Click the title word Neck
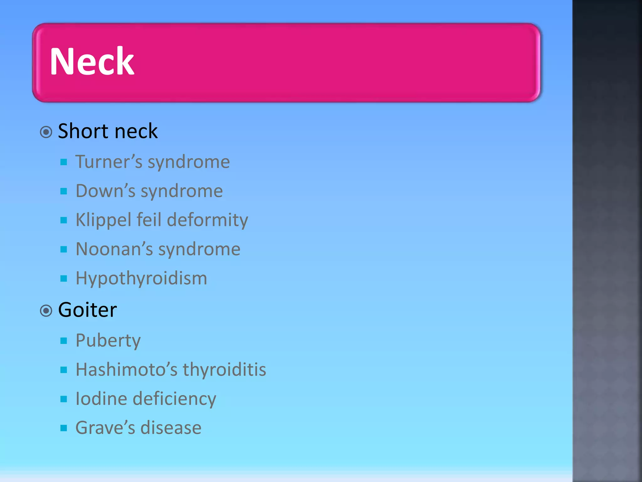coord(92,61)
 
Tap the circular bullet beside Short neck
coord(46,132)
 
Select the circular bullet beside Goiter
coord(46,311)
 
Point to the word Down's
coord(105,191)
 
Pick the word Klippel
coord(103,220)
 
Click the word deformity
coord(208,220)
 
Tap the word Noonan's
coord(114,249)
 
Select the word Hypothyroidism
coord(141,278)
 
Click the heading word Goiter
coord(87,310)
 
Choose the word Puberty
coord(108,341)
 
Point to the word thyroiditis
coord(224,370)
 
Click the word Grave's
coord(105,428)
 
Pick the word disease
coord(171,428)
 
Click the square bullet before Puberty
coord(64,341)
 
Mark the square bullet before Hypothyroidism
coord(64,278)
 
